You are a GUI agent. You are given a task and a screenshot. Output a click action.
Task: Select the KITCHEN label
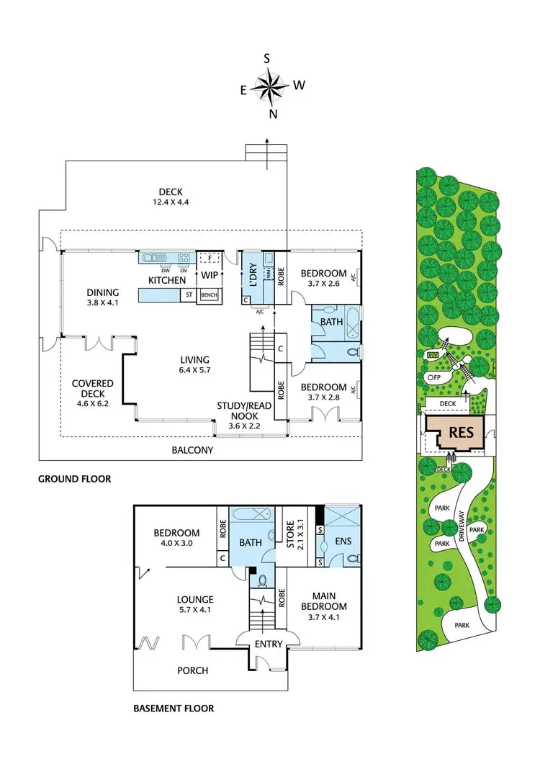tap(167, 280)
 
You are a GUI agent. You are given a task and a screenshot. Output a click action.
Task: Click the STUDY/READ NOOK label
tap(245, 411)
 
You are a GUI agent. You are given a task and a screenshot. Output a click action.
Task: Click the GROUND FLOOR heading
tap(74, 478)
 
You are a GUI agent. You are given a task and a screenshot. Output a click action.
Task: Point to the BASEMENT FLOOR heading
tap(174, 709)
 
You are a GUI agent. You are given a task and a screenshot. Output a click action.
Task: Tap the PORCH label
tap(192, 670)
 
